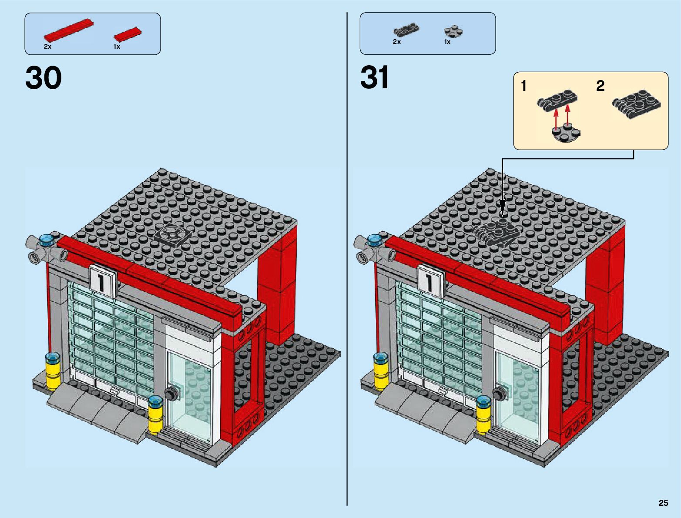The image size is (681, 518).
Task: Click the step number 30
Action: click(44, 79)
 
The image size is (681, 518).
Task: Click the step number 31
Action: click(375, 78)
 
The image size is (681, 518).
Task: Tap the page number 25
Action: click(663, 503)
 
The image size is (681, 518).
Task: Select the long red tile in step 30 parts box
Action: click(69, 30)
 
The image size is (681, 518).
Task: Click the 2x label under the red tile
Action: click(47, 47)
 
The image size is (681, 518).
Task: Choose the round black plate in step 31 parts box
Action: click(453, 31)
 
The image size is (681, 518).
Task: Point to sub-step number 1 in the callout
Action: click(524, 86)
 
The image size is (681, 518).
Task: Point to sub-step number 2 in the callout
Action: click(600, 86)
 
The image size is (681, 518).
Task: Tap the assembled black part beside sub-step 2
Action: click(637, 104)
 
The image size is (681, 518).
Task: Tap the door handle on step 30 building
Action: click(170, 394)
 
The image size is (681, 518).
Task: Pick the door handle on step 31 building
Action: click(499, 394)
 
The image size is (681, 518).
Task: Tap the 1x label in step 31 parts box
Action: click(447, 42)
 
